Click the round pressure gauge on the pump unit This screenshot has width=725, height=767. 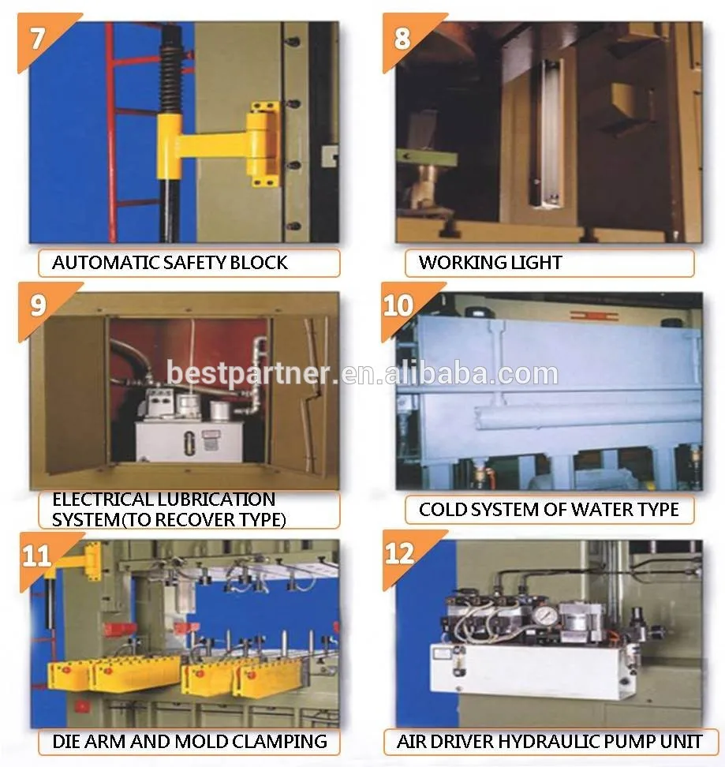click(x=542, y=615)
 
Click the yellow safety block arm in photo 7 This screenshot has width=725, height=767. click(x=218, y=144)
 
